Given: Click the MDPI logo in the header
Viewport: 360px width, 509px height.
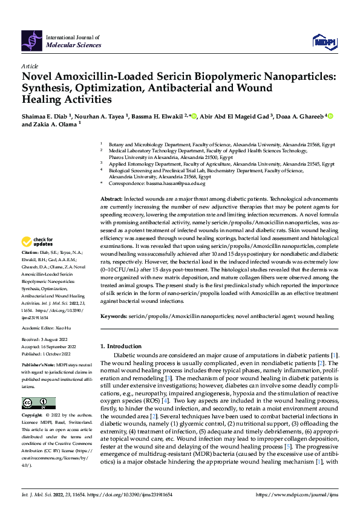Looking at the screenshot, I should pos(323,41).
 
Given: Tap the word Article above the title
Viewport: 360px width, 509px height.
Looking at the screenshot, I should pos(30,65).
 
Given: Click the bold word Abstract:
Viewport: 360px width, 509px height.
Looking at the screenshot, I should pos(111,199).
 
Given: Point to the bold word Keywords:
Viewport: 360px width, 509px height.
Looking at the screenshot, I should pos(114,316).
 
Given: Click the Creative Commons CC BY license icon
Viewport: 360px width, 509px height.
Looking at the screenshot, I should pos(38,403).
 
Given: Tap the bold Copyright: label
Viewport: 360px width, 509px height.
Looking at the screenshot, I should pos(32,416).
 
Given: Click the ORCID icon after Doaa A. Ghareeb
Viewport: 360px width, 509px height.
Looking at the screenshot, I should pos(330,116).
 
